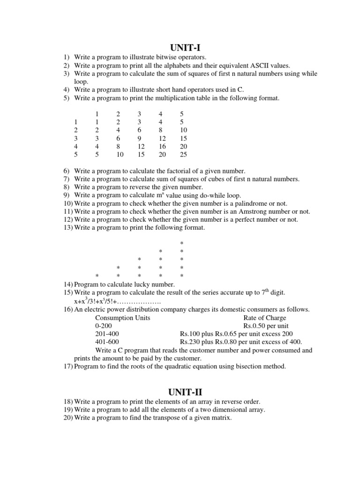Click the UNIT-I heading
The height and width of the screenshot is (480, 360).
tap(187, 47)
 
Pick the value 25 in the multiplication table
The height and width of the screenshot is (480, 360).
tap(183, 154)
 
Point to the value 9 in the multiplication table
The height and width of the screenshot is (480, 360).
tap(140, 138)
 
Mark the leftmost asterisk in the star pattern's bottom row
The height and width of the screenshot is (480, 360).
tap(97, 276)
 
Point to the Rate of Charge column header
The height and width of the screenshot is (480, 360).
tap(264, 317)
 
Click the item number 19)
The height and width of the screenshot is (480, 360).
tap(68, 410)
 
